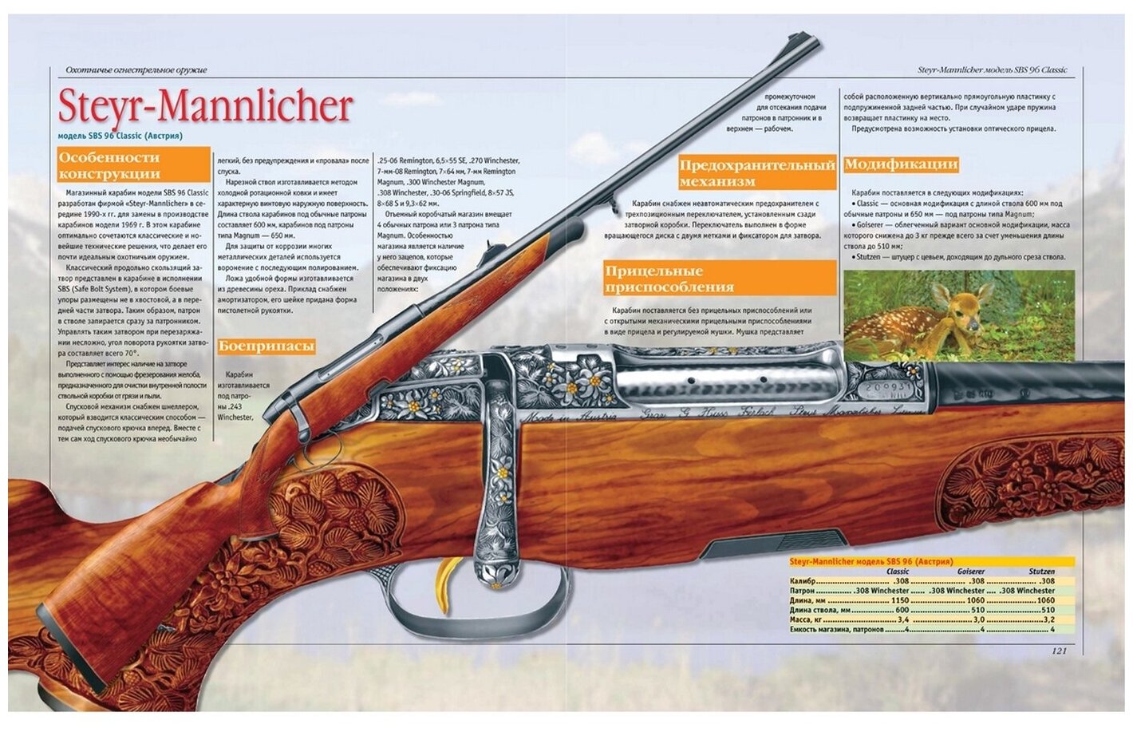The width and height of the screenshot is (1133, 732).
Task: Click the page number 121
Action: [1059, 651]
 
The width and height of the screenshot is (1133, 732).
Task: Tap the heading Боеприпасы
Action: [266, 346]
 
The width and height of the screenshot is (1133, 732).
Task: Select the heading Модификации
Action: [901, 164]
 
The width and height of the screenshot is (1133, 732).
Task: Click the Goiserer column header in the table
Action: [971, 572]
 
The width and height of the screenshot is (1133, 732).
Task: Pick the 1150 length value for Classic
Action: [900, 600]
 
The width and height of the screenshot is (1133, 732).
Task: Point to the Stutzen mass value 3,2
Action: [1048, 619]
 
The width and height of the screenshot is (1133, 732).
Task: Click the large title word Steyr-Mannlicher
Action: [206, 106]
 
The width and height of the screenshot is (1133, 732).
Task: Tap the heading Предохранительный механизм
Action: [756, 172]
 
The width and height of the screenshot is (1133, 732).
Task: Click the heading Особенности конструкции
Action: [109, 165]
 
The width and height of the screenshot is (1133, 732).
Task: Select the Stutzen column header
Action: [1041, 572]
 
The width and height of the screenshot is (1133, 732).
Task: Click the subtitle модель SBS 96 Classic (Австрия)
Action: [120, 136]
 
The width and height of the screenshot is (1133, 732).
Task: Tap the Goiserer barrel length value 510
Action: [977, 610]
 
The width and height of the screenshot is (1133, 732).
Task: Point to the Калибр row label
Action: [803, 581]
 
